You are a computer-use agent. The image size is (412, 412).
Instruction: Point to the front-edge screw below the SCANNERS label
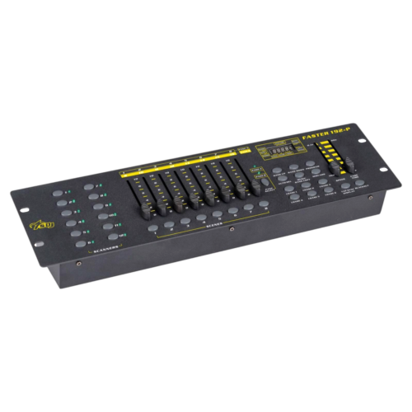pos(79,263)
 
